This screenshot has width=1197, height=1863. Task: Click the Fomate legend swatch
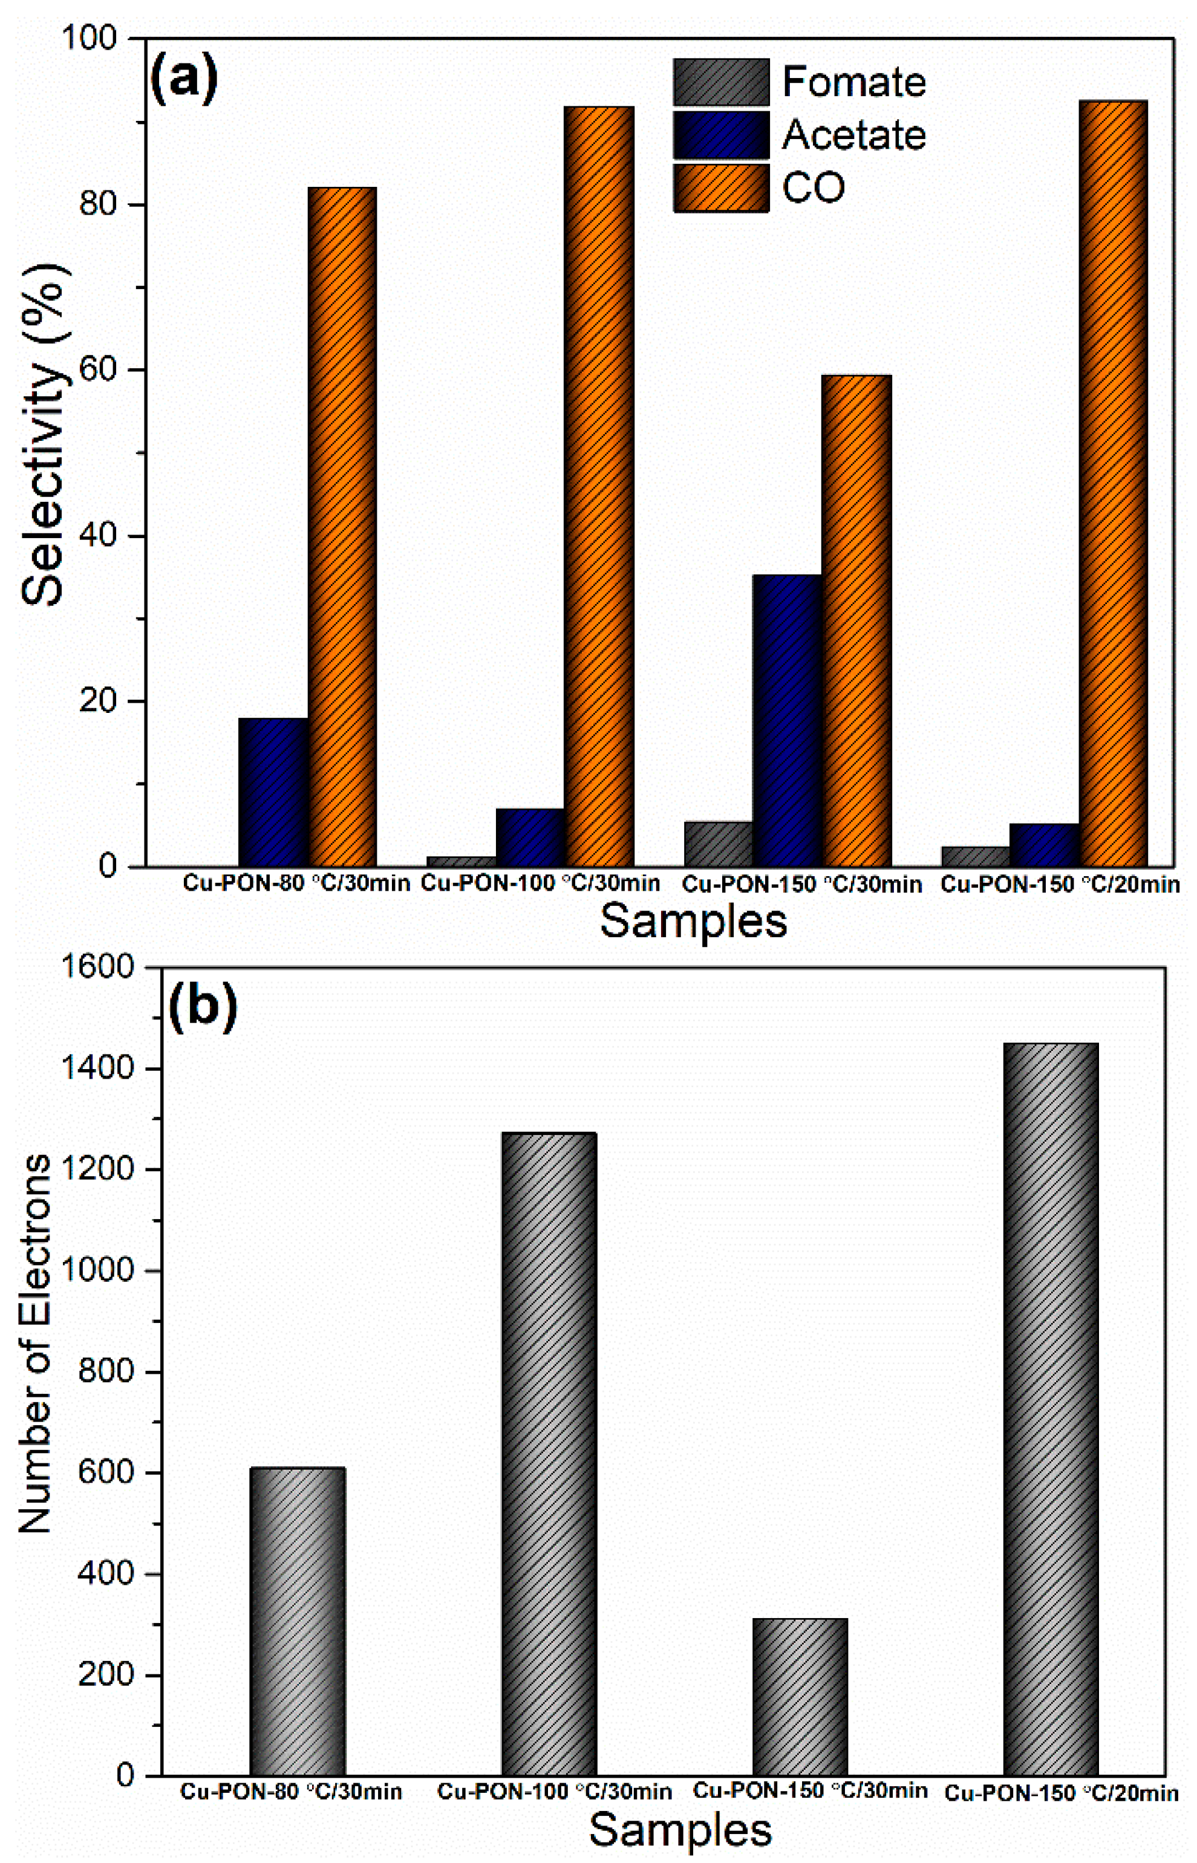720,82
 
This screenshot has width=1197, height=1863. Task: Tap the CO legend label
813,187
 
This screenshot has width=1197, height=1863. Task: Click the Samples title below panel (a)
693,922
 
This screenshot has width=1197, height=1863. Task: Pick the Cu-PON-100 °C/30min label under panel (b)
554,1792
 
